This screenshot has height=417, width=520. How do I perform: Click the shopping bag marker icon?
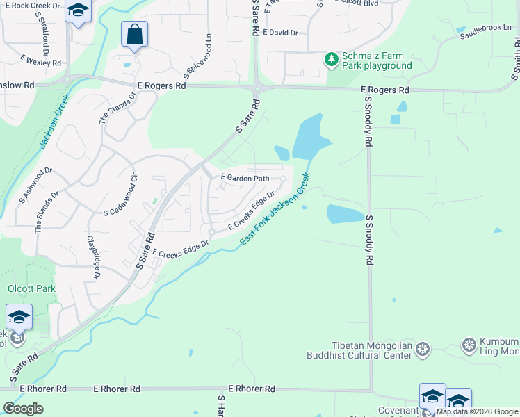[134, 34]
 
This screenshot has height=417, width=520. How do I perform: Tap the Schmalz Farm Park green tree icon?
[332, 60]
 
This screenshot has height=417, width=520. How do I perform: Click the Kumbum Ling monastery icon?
[470, 345]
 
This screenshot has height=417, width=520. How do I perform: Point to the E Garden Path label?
[245, 178]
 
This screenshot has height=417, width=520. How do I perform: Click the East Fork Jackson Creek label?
[275, 213]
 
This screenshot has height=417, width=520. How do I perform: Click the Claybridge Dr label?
[92, 258]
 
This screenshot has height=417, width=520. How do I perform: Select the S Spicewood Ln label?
[197, 56]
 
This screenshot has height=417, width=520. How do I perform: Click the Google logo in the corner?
[23, 408]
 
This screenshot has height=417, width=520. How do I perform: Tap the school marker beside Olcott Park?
[19, 318]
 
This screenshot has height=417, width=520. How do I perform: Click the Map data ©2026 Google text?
[478, 411]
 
